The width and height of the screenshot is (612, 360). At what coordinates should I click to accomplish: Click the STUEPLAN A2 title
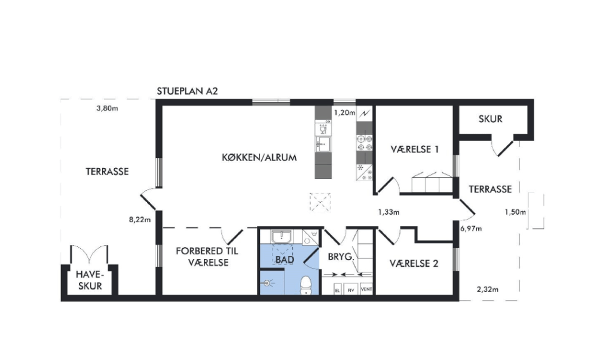[187, 91]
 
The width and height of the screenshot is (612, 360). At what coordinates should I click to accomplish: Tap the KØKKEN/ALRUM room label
[259, 158]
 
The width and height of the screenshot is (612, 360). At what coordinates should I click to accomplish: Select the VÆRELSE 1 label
[415, 149]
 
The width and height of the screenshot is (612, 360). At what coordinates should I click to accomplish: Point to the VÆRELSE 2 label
[414, 264]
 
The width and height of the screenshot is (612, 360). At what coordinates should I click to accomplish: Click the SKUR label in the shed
[490, 119]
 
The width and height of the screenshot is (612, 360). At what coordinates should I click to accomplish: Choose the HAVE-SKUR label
[90, 280]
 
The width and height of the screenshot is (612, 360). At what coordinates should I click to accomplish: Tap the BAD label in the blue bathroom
[284, 260]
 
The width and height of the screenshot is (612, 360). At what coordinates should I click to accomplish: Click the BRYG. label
[341, 257]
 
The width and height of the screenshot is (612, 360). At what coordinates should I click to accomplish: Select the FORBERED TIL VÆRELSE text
[207, 257]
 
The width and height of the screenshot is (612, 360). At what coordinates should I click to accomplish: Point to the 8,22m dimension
[140, 220]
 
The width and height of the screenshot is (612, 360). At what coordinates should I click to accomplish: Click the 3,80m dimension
[107, 109]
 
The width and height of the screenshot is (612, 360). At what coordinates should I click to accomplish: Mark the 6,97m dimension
[471, 229]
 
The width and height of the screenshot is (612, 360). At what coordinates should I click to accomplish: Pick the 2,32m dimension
[488, 289]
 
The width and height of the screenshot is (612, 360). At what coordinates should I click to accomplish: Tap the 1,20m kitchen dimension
[345, 113]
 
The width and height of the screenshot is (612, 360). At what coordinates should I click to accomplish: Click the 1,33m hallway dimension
[388, 212]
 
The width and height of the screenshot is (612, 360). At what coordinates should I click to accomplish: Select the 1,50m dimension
[515, 212]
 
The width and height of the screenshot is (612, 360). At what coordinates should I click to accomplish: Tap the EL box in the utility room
[338, 290]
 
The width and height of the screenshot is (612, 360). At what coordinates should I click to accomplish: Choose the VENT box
[366, 289]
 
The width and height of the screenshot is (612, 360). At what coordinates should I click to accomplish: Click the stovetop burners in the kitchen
[364, 143]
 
